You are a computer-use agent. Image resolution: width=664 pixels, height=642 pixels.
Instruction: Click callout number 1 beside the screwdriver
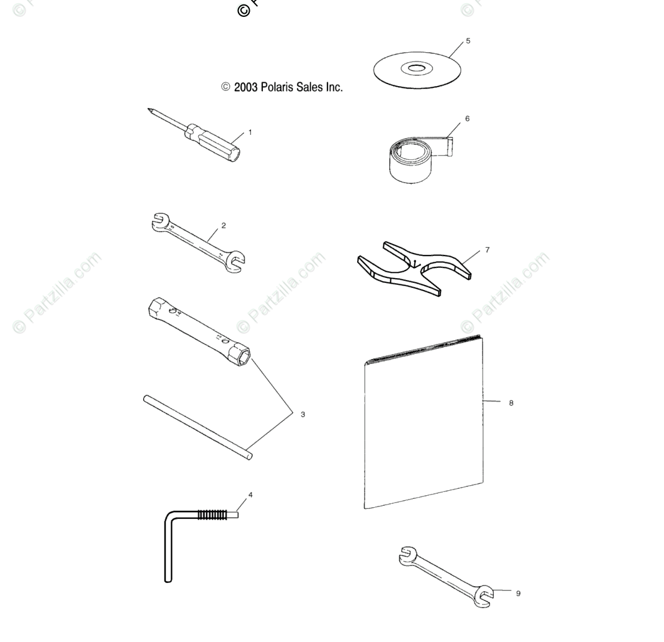click(x=250, y=132)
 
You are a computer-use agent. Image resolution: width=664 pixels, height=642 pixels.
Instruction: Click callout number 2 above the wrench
click(x=224, y=226)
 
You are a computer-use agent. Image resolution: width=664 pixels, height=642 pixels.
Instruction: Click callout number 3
click(x=303, y=414)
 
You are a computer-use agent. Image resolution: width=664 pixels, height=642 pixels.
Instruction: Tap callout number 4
click(x=250, y=495)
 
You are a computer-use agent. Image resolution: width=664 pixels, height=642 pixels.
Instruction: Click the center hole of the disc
click(x=416, y=68)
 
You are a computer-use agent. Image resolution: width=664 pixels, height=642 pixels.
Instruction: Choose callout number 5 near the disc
click(x=468, y=41)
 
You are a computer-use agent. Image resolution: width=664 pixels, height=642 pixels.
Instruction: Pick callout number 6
click(x=467, y=118)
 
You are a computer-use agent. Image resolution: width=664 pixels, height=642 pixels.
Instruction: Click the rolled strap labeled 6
click(x=408, y=162)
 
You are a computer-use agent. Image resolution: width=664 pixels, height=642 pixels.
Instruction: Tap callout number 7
click(x=487, y=250)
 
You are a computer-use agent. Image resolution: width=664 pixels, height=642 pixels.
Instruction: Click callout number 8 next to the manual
click(x=511, y=403)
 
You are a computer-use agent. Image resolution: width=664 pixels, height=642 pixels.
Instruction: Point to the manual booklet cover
click(x=424, y=427)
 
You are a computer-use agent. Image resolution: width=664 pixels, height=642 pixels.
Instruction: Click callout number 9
click(x=518, y=593)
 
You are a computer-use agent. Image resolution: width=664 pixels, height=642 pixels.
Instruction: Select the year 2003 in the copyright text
click(x=246, y=88)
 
